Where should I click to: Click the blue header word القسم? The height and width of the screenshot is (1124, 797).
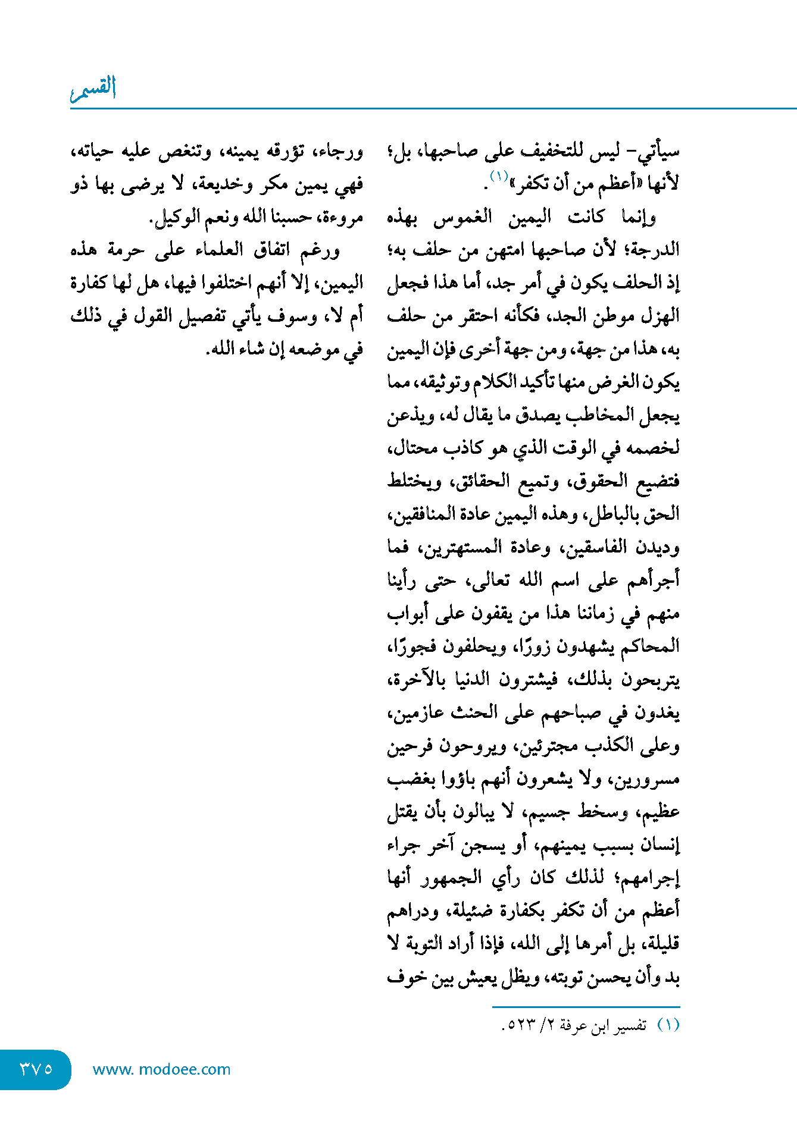tap(93, 88)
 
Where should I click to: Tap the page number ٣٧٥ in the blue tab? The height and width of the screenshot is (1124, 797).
tap(36, 1069)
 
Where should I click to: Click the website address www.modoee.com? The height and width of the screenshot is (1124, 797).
tap(161, 1069)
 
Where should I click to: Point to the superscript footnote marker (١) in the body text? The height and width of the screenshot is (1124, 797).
tap(498, 176)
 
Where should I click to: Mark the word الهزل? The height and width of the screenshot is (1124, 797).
tap(660, 315)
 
